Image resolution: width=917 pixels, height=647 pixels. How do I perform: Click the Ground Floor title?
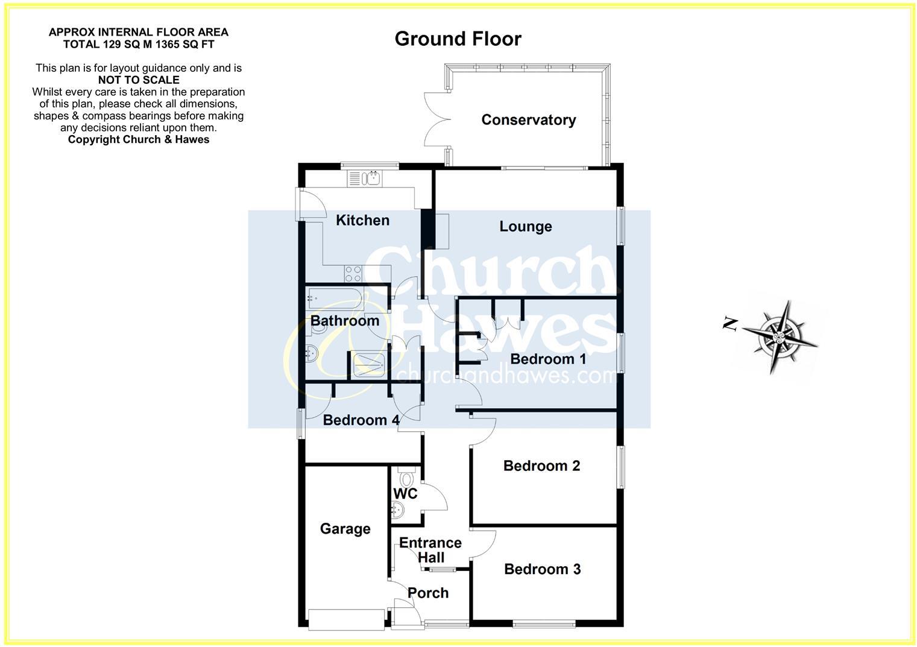pyautogui.click(x=458, y=39)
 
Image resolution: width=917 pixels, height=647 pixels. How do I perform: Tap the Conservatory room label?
pyautogui.click(x=528, y=119)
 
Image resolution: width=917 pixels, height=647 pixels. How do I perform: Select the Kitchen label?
pyautogui.click(x=362, y=220)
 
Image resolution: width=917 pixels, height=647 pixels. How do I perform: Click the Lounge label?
pyautogui.click(x=525, y=226)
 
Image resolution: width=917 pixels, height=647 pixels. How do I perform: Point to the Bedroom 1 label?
pyautogui.click(x=547, y=359)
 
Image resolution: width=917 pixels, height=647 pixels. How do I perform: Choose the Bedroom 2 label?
pyautogui.click(x=541, y=466)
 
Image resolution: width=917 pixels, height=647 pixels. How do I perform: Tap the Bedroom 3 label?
pyautogui.click(x=542, y=569)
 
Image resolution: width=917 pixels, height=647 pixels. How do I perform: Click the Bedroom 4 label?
pyautogui.click(x=361, y=420)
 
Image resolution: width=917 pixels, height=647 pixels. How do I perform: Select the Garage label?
pyautogui.click(x=345, y=529)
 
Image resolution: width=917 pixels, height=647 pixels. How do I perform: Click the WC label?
pyautogui.click(x=405, y=493)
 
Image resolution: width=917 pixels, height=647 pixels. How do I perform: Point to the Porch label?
pyautogui.click(x=427, y=593)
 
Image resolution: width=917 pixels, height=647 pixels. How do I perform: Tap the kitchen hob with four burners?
pyautogui.click(x=353, y=274)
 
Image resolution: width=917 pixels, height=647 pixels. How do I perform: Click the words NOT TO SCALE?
pyautogui.click(x=138, y=80)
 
